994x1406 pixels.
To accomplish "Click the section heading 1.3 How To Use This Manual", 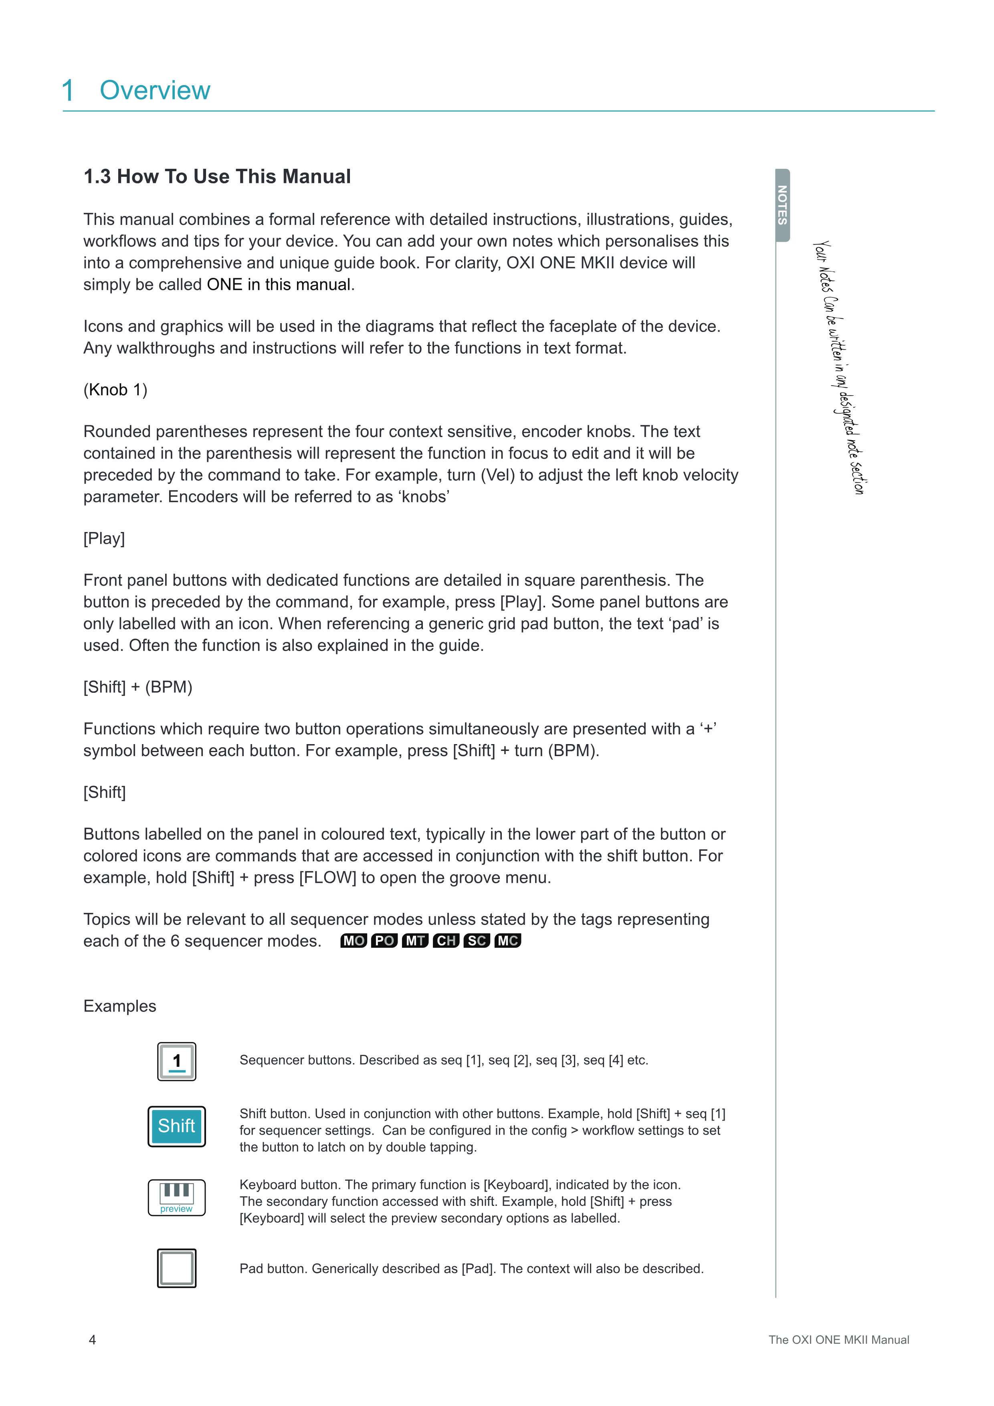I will [217, 176].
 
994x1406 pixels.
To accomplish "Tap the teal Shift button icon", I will [177, 1126].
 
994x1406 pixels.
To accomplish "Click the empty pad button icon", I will [177, 1268].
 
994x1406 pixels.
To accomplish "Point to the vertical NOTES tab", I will [782, 205].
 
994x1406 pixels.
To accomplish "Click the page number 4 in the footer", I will [93, 1340].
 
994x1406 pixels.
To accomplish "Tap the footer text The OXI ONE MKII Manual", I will [838, 1340].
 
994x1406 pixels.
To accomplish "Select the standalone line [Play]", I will [104, 538].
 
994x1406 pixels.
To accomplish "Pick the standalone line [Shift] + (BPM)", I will [138, 687].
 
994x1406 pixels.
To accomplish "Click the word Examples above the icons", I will [120, 1006].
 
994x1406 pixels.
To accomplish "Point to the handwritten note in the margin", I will [838, 367].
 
